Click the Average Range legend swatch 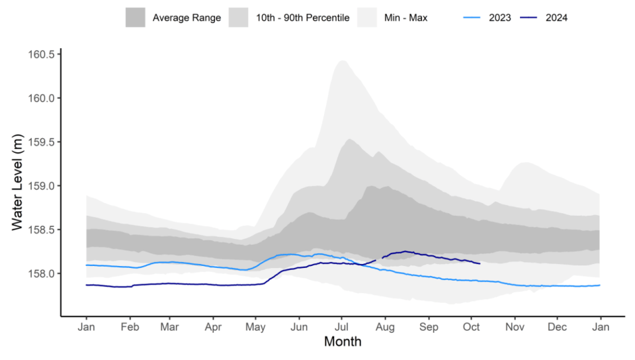coord(135,18)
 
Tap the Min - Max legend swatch coord(366,18)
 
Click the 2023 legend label coord(500,18)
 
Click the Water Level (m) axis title coord(18,185)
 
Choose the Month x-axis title coord(343,342)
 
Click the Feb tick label coord(130,327)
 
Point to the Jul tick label coord(341,327)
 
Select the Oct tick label coord(472,327)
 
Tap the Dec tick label coord(557,327)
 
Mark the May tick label coord(255,327)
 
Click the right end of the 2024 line coord(480,263)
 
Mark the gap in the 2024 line coord(379,259)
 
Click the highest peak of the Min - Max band coord(342,61)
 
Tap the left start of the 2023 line coord(86,265)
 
